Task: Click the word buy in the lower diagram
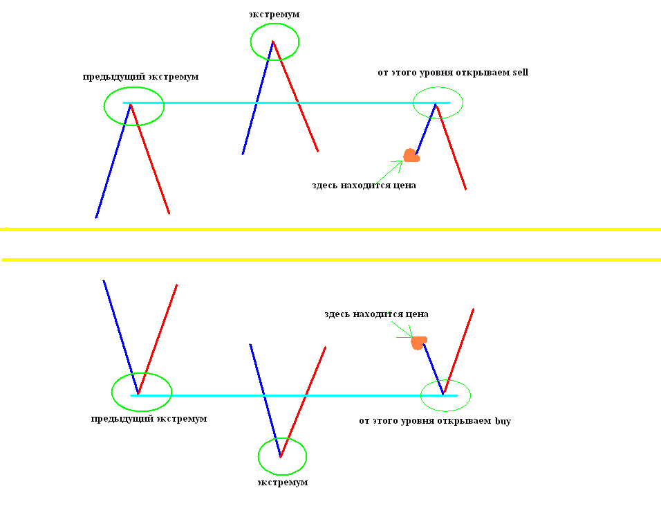coord(503,421)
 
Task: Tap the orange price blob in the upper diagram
coord(411,156)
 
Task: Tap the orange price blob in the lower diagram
coord(419,341)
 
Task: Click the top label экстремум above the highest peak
coord(274,14)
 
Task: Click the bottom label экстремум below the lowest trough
coord(282,482)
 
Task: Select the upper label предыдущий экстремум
coord(140,77)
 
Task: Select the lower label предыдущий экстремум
coord(149,419)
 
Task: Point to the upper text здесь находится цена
coord(364,186)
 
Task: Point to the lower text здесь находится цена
coord(376,314)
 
